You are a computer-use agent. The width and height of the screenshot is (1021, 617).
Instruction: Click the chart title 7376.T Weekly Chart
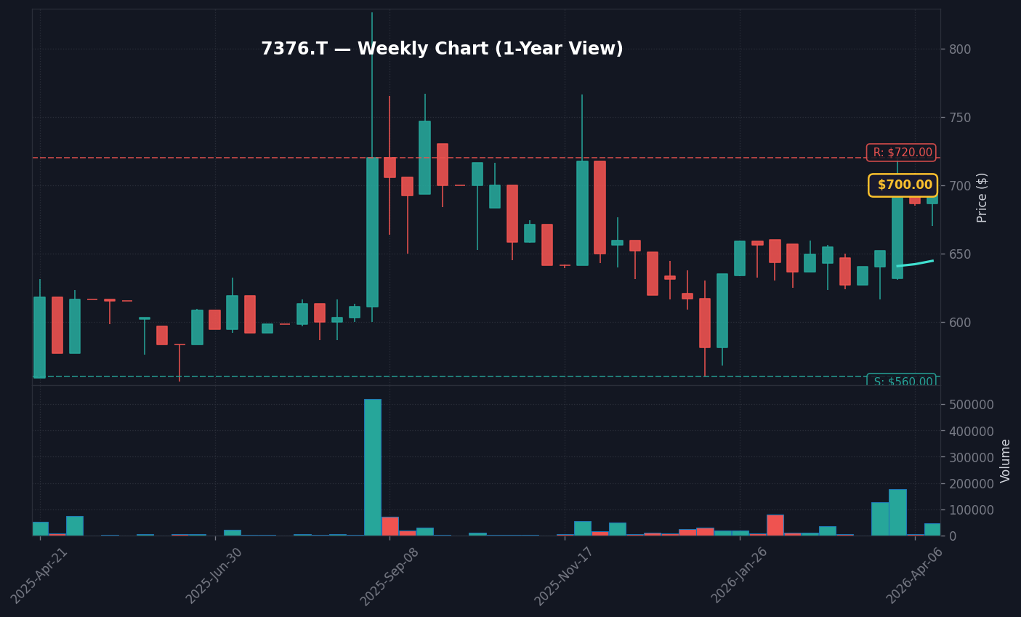[x=442, y=49]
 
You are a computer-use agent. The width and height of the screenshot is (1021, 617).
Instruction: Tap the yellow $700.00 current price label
[x=903, y=185]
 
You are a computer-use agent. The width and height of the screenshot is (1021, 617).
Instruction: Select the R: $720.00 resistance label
[x=901, y=153]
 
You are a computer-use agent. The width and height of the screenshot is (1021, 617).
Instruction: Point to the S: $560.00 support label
[x=902, y=382]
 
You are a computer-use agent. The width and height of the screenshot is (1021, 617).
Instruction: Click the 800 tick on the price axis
[x=959, y=49]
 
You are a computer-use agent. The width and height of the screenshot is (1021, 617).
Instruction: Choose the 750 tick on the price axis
[x=959, y=118]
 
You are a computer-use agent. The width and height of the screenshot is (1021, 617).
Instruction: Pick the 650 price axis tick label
[x=959, y=254]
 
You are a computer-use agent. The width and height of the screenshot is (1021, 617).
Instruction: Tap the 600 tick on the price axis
[x=959, y=323]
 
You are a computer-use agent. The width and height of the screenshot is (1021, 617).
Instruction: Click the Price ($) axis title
[x=982, y=198]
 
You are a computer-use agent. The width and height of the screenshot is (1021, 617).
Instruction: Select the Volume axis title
[x=1006, y=461]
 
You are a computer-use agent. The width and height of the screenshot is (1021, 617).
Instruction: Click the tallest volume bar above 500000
[x=372, y=467]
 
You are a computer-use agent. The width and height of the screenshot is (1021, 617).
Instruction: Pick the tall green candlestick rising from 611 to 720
[x=372, y=233]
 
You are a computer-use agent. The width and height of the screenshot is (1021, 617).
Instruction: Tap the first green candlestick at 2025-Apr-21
[x=39, y=337]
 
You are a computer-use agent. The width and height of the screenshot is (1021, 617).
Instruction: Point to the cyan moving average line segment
[x=915, y=264]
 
